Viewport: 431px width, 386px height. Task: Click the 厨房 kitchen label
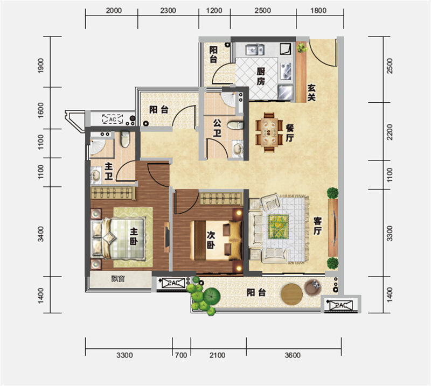pyautogui.click(x=261, y=76)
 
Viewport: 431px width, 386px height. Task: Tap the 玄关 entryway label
pyautogui.click(x=311, y=93)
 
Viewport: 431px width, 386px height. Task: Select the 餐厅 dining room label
pyautogui.click(x=289, y=132)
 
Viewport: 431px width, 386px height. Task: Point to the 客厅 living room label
pyautogui.click(x=317, y=226)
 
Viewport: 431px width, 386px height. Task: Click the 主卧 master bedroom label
pyautogui.click(x=134, y=236)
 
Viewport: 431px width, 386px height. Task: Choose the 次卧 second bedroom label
pyautogui.click(x=211, y=240)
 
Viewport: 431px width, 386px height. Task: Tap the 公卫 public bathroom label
pyautogui.click(x=217, y=128)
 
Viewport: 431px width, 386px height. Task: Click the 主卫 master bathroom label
pyautogui.click(x=109, y=171)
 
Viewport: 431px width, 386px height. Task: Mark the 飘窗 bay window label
pyautogui.click(x=118, y=279)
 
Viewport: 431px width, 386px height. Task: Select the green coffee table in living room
pyautogui.click(x=279, y=227)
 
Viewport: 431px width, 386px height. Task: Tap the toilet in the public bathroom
pyautogui.click(x=235, y=125)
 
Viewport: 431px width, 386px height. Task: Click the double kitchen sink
pyautogui.click(x=255, y=50)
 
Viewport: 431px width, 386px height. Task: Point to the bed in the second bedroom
pyautogui.click(x=216, y=241)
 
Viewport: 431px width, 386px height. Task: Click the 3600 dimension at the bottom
pyautogui.click(x=293, y=355)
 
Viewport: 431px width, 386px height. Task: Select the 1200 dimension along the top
pyautogui.click(x=214, y=10)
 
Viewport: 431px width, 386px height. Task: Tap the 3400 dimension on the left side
pyautogui.click(x=41, y=234)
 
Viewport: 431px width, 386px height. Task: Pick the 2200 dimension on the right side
pyautogui.click(x=390, y=132)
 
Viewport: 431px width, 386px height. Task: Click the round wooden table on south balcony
pyautogui.click(x=291, y=294)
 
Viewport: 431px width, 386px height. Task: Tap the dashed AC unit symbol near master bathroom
pyautogui.click(x=113, y=119)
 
